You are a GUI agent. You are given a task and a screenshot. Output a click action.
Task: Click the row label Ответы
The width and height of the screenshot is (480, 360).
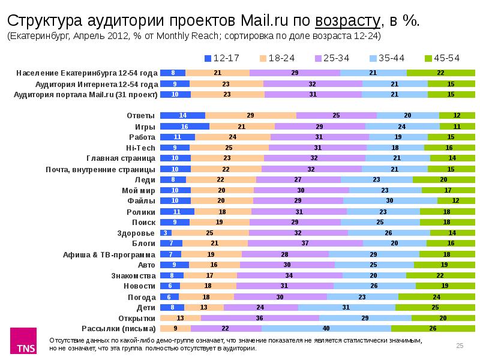click(x=141, y=115)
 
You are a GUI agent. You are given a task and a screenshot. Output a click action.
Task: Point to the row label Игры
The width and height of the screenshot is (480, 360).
click(x=145, y=127)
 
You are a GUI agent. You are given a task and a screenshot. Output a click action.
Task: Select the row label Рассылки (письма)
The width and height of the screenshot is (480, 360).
click(x=118, y=329)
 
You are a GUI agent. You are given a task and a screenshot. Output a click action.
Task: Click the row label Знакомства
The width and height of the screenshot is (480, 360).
click(x=136, y=275)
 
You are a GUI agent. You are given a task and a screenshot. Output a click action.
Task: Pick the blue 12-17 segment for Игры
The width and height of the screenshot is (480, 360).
click(x=185, y=127)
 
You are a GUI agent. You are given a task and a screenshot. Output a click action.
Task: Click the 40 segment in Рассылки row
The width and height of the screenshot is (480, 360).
click(x=326, y=329)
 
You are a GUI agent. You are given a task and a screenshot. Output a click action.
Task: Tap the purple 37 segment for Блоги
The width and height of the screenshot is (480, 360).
click(x=305, y=243)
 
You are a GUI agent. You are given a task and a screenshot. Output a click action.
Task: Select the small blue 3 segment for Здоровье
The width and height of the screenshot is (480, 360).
click(x=166, y=232)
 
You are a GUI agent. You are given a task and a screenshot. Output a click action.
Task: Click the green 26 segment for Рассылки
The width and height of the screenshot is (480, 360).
click(x=433, y=329)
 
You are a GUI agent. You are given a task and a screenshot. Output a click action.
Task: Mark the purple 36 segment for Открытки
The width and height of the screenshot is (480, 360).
click(x=260, y=318)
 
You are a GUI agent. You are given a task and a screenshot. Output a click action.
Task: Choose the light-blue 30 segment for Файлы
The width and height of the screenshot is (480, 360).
click(x=390, y=200)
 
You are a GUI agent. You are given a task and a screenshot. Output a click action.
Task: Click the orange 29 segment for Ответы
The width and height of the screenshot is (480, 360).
click(x=250, y=115)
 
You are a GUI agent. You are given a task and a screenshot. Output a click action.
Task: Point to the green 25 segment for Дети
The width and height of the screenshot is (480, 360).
click(x=434, y=307)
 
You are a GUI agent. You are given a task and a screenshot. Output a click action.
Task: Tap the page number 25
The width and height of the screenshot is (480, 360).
click(x=460, y=345)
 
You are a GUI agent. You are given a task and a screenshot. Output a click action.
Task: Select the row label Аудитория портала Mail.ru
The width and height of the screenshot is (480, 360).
click(x=85, y=94)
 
